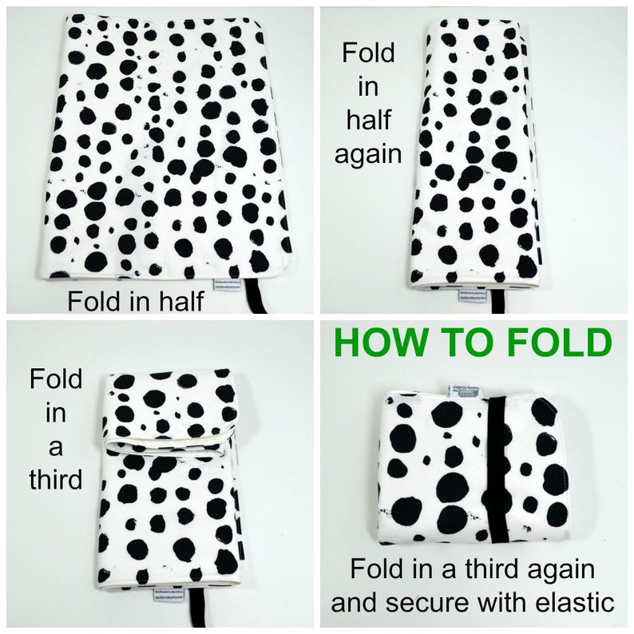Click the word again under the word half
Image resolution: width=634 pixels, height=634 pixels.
(367, 153)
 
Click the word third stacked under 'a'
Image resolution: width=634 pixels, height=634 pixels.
(56, 479)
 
